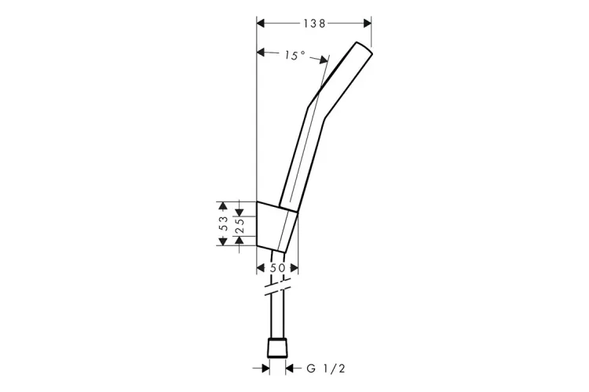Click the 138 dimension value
(x=314, y=24)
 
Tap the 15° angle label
(x=294, y=56)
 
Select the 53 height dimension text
(x=224, y=223)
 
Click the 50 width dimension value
(x=277, y=268)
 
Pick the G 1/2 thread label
(x=326, y=368)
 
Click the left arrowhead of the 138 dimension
(x=261, y=24)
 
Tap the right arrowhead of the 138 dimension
(x=367, y=24)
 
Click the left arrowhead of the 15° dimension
(x=261, y=53)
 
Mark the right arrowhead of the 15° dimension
(x=324, y=60)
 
